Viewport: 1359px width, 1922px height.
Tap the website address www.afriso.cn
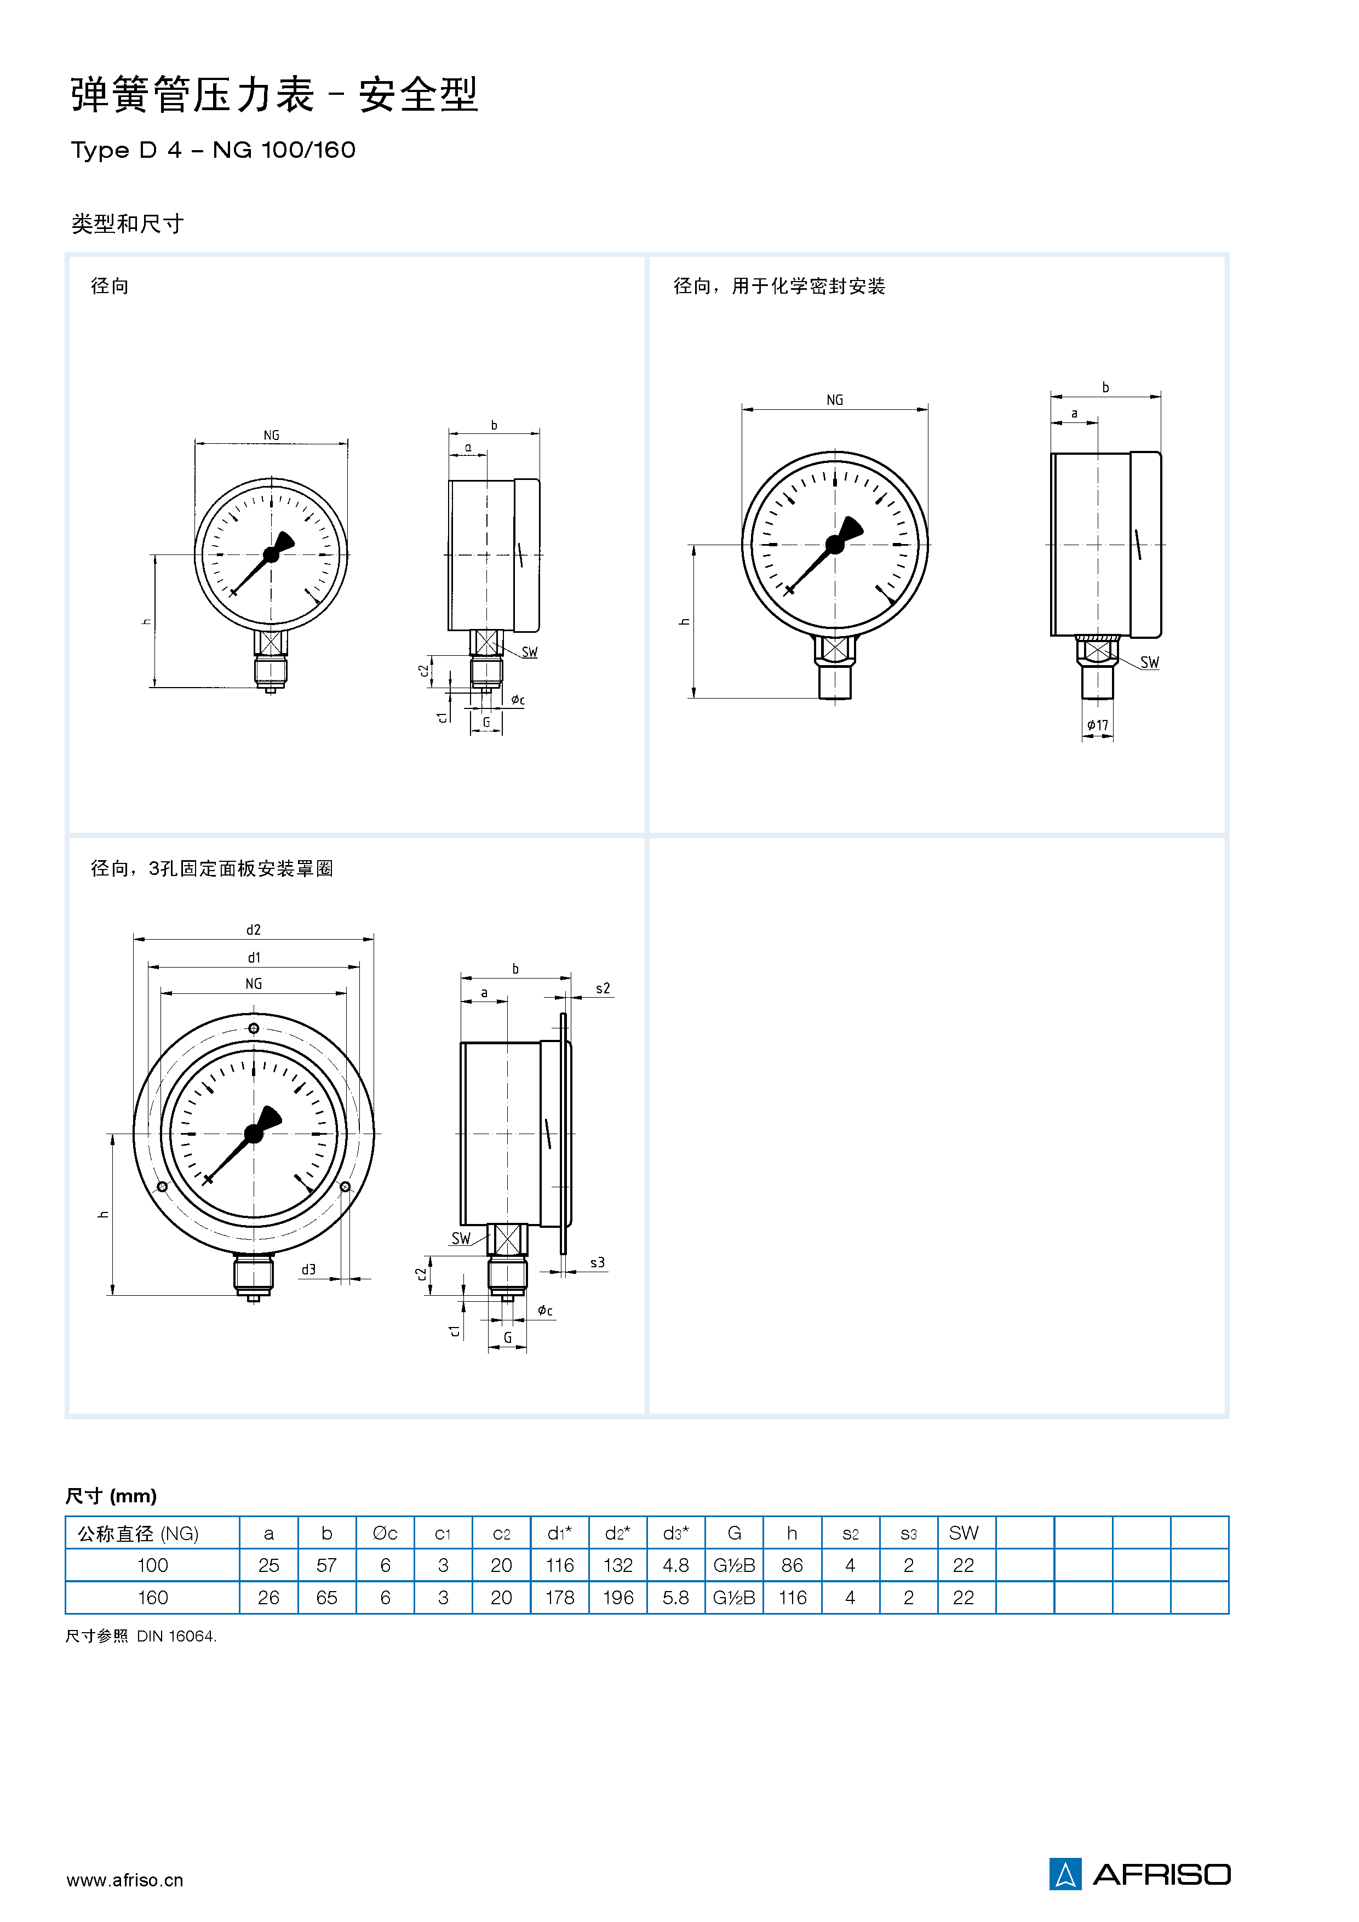tap(125, 1880)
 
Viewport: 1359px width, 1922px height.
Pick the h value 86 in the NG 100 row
tap(792, 1565)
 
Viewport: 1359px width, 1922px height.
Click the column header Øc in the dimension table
tap(385, 1533)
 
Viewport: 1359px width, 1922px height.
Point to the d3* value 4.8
tap(675, 1565)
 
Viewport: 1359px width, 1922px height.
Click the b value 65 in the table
tap(326, 1597)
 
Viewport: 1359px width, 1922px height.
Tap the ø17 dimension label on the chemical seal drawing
tap(1097, 725)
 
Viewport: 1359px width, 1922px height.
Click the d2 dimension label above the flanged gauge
tap(254, 930)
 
